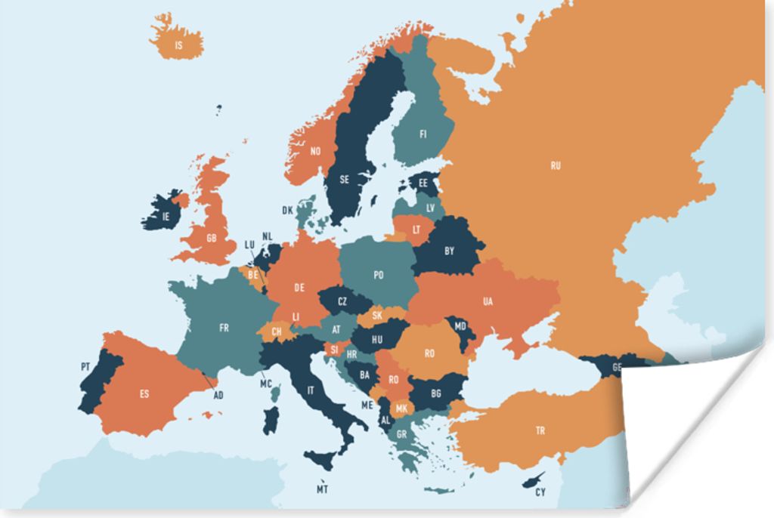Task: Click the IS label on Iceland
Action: [178, 45]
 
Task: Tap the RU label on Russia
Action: [556, 165]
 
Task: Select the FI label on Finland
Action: [423, 134]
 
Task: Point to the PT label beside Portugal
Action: [85, 366]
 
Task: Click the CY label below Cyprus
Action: [540, 492]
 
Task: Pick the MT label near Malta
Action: [323, 489]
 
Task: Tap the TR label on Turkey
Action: [540, 430]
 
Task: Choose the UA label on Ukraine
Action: [488, 301]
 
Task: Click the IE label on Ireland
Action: [166, 217]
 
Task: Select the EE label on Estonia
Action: [423, 183]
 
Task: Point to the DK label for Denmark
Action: [287, 210]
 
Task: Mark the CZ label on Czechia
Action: [342, 301]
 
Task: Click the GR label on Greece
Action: [401, 434]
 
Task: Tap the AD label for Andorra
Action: [218, 395]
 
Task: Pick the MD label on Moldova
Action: [461, 326]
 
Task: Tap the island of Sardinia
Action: [271, 421]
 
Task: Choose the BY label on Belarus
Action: [449, 251]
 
